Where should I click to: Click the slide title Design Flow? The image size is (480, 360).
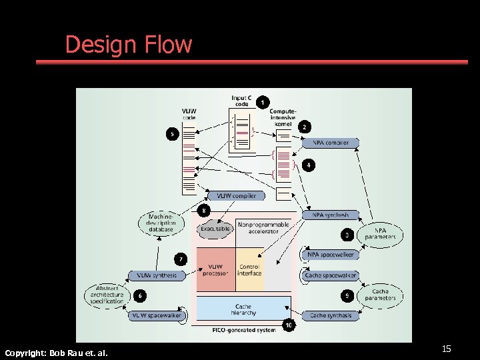[x=128, y=45]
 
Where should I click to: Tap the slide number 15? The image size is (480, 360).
[x=447, y=349]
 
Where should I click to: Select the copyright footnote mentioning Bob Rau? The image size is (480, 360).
[x=56, y=352]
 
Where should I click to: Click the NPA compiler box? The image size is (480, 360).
[x=331, y=143]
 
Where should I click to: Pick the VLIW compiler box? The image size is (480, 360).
[x=235, y=195]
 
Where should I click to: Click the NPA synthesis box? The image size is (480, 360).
[x=330, y=215]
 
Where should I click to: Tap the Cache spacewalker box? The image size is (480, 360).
[x=330, y=275]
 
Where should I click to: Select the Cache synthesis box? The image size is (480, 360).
[x=330, y=315]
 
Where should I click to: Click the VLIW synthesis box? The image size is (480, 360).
[x=157, y=275]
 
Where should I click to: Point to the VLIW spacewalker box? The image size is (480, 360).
[x=156, y=315]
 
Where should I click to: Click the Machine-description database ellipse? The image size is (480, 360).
[x=161, y=223]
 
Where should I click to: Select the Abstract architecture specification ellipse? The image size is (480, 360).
[x=107, y=295]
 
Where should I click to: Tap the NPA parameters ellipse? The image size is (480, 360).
[x=380, y=234]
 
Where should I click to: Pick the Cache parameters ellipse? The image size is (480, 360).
[x=380, y=295]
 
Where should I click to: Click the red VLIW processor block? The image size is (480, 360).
[x=215, y=269]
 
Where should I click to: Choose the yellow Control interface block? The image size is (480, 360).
[x=250, y=269]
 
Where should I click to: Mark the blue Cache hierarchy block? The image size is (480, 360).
[x=243, y=309]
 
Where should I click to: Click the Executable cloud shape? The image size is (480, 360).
[x=215, y=228]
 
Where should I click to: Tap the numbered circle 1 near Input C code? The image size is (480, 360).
[x=263, y=103]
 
